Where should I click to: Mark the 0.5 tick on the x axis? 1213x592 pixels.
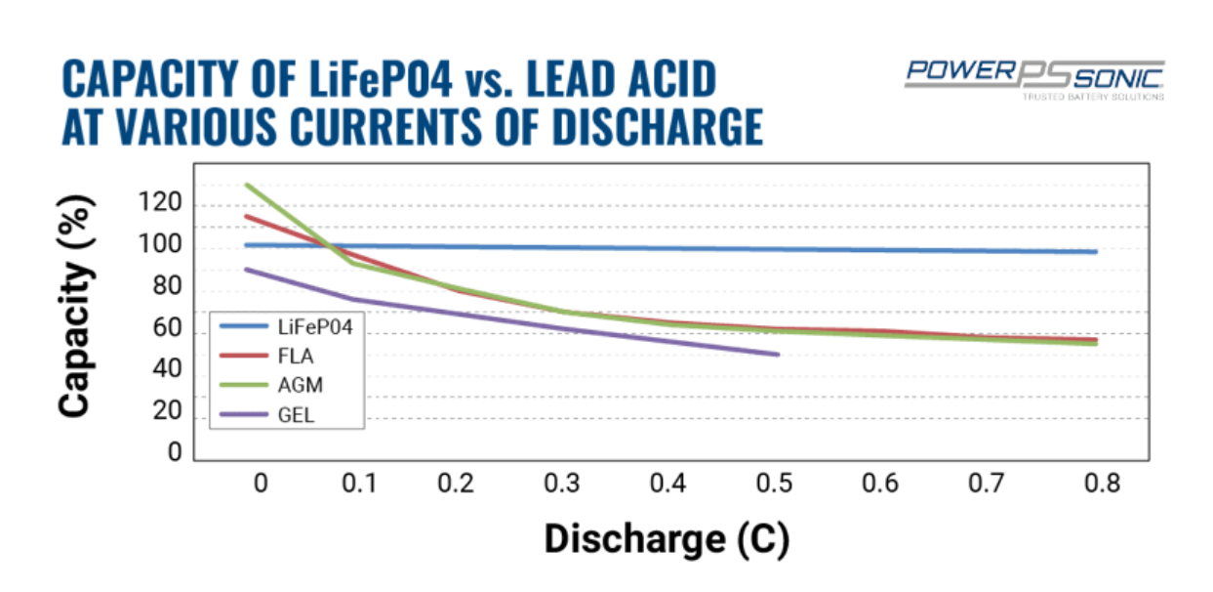pyautogui.click(x=774, y=484)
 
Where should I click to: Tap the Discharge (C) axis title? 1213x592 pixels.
pyautogui.click(x=666, y=538)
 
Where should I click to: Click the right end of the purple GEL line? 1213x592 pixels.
pyautogui.click(x=778, y=354)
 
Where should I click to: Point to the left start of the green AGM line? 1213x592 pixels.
pyautogui.click(x=247, y=185)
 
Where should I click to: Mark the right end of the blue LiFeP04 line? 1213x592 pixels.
pyautogui.click(x=1096, y=252)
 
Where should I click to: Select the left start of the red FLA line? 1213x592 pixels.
pyautogui.click(x=247, y=217)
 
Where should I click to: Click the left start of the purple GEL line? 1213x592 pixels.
pyautogui.click(x=247, y=270)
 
